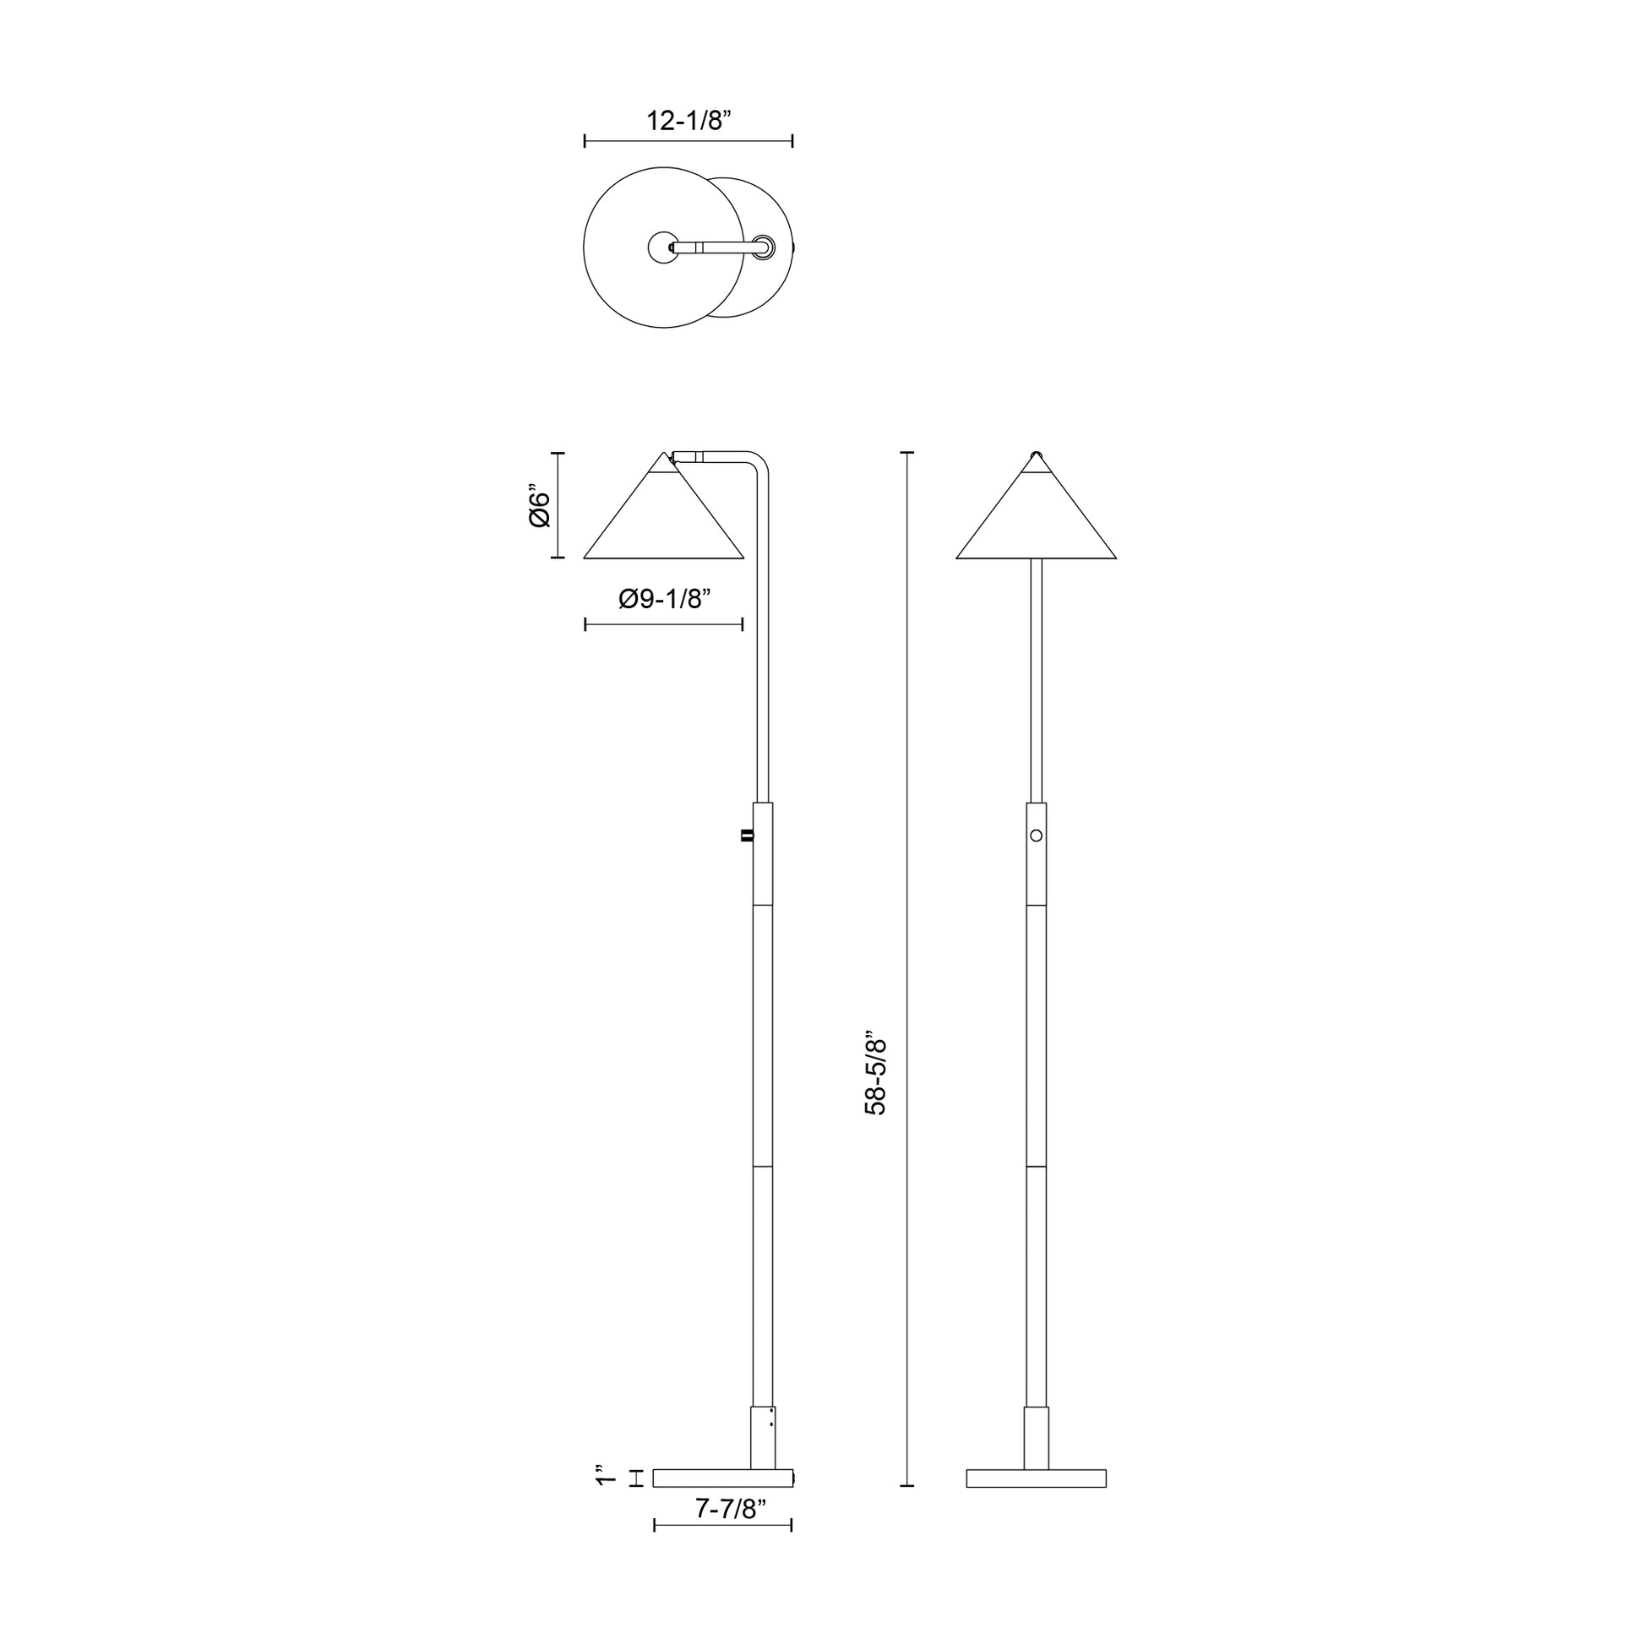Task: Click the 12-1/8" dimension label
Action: (x=689, y=121)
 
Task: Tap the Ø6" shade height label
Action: (x=540, y=506)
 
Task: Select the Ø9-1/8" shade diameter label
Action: (x=665, y=599)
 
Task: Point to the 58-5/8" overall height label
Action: (x=875, y=1076)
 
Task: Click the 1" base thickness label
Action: (x=606, y=1476)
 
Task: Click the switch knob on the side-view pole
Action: (x=747, y=836)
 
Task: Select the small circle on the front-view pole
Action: (x=1036, y=836)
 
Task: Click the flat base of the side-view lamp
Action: (x=722, y=1478)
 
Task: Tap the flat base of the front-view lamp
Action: (x=1036, y=1478)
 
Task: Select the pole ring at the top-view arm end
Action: (x=765, y=247)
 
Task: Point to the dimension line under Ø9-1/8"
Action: (x=664, y=624)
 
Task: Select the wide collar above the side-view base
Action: (x=762, y=1437)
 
